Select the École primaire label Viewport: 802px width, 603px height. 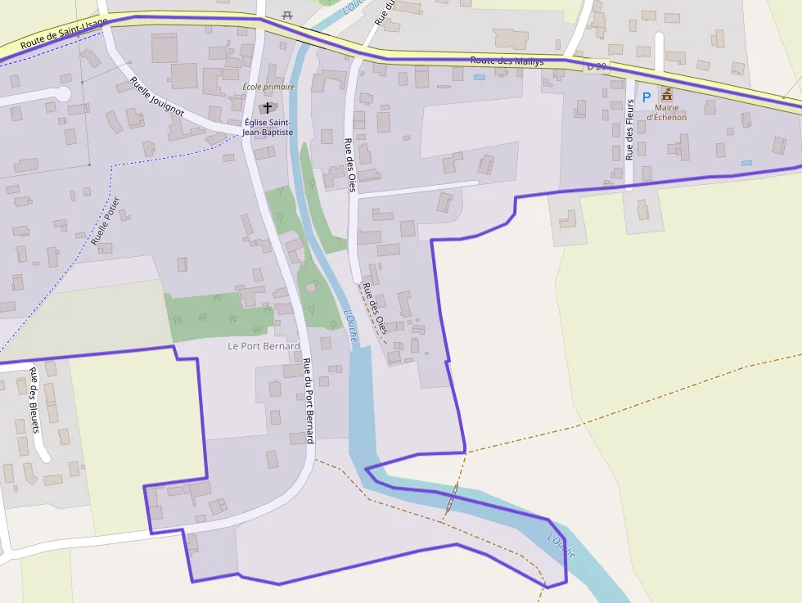[x=268, y=87]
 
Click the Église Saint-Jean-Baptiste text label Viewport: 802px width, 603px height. [x=268, y=127]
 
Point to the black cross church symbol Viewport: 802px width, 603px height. [x=268, y=108]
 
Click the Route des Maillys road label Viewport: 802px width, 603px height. [x=507, y=61]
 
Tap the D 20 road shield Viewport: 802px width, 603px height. [x=597, y=66]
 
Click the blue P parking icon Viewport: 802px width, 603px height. [x=646, y=97]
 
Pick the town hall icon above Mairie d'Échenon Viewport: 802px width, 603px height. [x=667, y=94]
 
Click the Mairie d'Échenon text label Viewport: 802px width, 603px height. [x=667, y=112]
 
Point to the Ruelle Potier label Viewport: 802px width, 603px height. [x=106, y=221]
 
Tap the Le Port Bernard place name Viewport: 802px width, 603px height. [x=264, y=346]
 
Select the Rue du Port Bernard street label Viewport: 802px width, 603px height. [x=309, y=401]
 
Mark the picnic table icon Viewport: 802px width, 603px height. [x=286, y=14]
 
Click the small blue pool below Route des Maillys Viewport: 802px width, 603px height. [x=479, y=77]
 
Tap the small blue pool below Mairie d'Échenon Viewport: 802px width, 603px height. [x=746, y=163]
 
